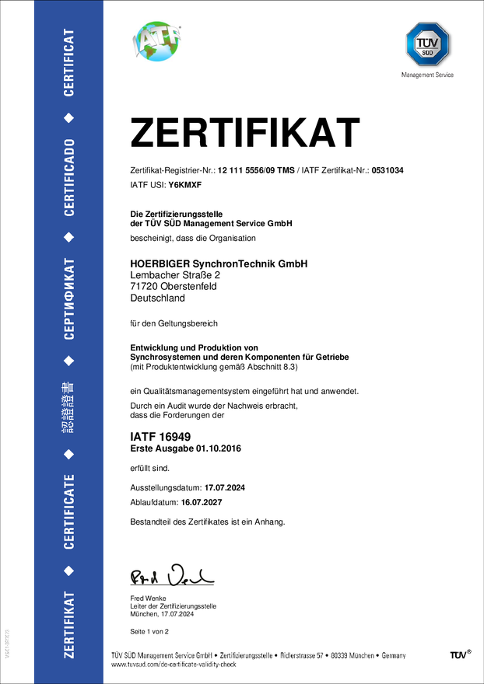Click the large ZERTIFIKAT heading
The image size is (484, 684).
click(x=244, y=133)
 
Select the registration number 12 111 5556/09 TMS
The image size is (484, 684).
click(x=256, y=170)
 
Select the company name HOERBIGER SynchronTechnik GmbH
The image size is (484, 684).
click(x=219, y=264)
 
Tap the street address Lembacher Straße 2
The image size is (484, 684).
click(x=175, y=275)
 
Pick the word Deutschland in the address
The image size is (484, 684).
click(x=157, y=298)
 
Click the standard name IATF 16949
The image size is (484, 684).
click(x=160, y=438)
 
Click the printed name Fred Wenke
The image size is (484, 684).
click(x=148, y=598)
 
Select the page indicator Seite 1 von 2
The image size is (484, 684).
click(x=149, y=631)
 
